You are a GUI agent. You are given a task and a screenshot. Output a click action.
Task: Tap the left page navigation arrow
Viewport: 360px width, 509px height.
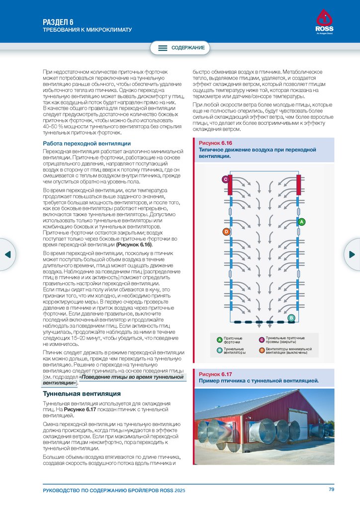7,254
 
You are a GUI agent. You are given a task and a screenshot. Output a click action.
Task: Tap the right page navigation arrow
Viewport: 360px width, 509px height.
353,254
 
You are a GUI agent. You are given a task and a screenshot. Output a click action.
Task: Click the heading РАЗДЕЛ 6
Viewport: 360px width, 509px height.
58,22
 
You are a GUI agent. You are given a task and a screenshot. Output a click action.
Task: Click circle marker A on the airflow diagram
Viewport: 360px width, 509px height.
301,221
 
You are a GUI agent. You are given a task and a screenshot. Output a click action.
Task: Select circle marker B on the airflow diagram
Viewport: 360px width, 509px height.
291,318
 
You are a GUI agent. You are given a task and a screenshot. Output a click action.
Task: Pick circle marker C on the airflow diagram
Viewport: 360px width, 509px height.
225,178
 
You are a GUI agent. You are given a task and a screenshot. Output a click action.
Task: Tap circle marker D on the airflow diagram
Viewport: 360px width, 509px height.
226,232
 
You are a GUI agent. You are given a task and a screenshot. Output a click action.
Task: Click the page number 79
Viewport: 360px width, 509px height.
331,490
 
